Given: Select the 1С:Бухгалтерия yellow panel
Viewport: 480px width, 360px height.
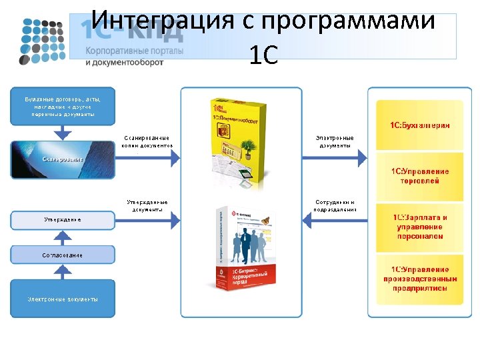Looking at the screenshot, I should pos(419,125).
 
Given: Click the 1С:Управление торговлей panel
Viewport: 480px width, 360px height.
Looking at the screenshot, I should pos(419,176).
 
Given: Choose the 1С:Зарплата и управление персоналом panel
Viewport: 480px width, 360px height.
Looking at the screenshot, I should pos(419,227).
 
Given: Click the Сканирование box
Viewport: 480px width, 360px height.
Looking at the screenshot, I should pos(62,159).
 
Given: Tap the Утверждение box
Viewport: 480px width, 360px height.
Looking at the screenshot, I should pos(62,219).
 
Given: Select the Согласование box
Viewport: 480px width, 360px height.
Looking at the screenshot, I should pos(62,255).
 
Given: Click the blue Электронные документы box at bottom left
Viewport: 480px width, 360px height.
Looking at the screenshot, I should pos(62,298).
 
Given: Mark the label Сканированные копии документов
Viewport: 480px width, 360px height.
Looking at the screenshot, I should pos(147,141).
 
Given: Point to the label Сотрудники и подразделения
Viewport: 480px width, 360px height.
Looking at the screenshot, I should pos(335,205).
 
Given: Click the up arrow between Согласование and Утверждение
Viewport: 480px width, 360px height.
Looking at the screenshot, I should pos(62,236).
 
